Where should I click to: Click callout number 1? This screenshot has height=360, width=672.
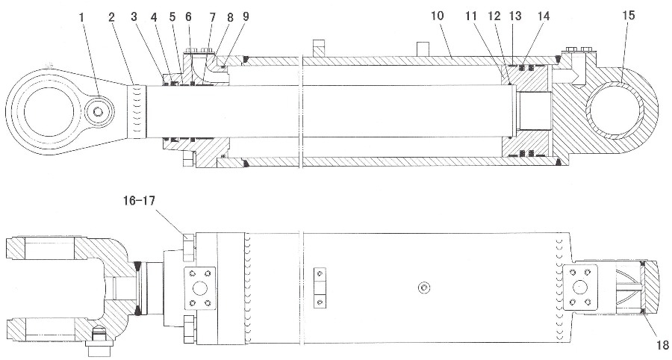[81, 18]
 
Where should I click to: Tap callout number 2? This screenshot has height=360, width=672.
[112, 18]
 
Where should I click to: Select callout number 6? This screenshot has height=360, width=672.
[187, 17]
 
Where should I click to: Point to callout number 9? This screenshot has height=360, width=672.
[245, 17]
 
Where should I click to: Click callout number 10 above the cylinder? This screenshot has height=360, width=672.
[437, 16]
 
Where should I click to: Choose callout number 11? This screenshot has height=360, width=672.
[471, 16]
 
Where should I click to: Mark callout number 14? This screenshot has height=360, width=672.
[543, 16]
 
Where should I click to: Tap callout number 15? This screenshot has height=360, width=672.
[629, 16]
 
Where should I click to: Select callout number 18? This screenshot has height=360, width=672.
[662, 344]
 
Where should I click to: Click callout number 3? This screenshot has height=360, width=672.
[134, 18]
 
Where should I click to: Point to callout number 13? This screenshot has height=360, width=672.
[514, 16]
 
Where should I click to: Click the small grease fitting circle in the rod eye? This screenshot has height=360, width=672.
[99, 112]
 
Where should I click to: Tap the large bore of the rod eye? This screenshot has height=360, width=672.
[43, 111]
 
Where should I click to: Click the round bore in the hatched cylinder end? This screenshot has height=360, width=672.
[615, 111]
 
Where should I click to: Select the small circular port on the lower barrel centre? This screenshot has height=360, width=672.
[424, 288]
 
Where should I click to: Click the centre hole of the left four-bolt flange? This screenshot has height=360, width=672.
[200, 288]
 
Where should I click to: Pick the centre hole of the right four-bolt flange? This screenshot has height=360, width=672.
[580, 286]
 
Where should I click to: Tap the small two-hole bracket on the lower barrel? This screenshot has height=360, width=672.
[320, 288]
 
